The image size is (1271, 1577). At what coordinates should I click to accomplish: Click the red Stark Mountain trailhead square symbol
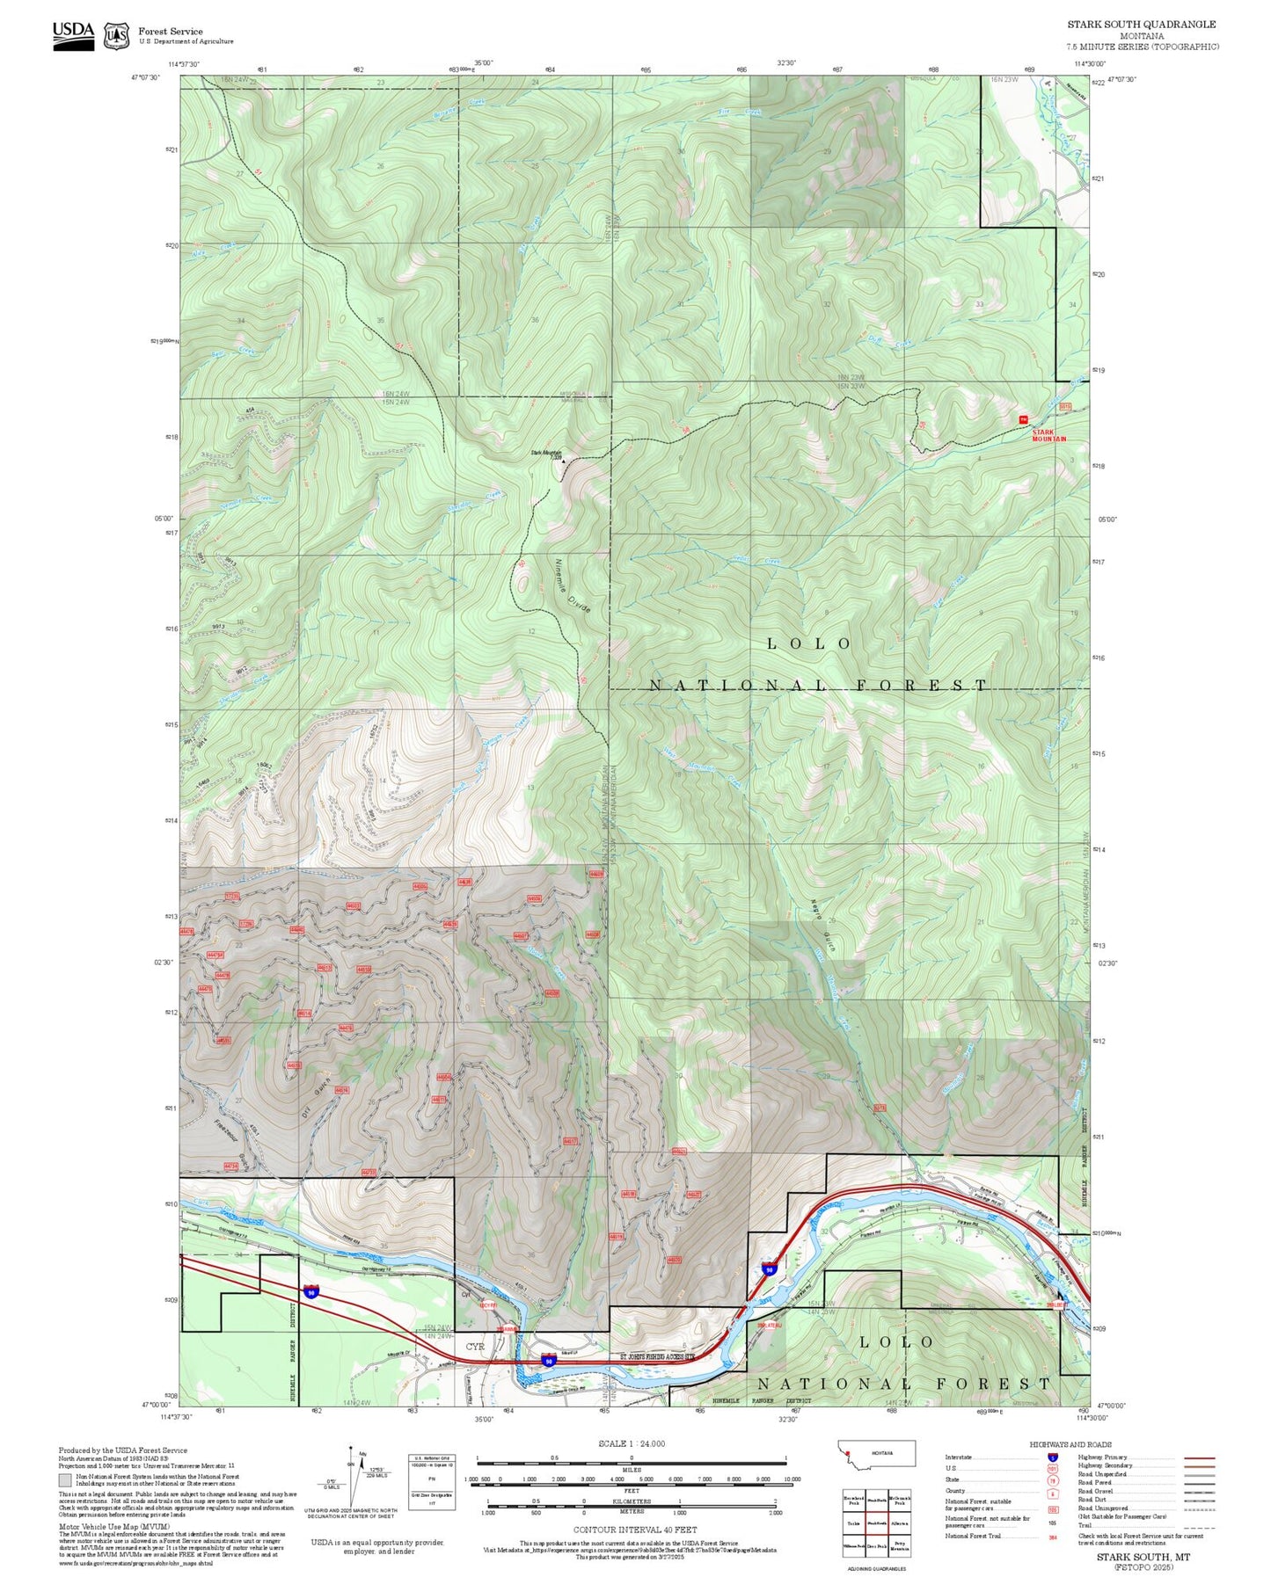tap(1023, 419)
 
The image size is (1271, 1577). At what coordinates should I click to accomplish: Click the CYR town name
tap(475, 1346)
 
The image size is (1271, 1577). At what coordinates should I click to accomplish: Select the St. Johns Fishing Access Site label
tap(658, 1356)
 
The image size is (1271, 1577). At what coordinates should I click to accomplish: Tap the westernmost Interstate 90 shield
tap(311, 1291)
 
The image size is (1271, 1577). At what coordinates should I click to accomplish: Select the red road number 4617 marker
tap(570, 1142)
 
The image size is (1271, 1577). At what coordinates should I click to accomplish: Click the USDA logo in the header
tap(74, 35)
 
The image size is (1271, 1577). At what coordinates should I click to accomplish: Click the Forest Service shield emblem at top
tap(116, 36)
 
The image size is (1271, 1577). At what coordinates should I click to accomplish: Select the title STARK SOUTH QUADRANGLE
tap(1142, 25)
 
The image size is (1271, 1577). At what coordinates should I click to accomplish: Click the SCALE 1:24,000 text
tap(632, 1443)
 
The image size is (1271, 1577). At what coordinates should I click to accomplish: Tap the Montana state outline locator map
tap(877, 1453)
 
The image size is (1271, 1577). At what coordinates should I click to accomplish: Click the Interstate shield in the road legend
tap(1053, 1457)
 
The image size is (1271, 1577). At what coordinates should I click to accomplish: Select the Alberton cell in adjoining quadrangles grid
tap(899, 1522)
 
